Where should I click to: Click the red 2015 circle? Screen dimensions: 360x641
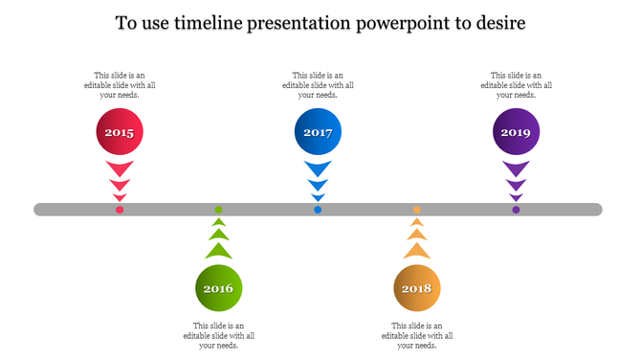point(120,133)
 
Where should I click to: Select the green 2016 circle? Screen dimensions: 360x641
point(218,288)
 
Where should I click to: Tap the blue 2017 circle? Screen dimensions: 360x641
point(318,133)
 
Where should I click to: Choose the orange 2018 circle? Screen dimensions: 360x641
point(417,288)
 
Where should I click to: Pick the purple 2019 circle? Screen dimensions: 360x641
point(516,133)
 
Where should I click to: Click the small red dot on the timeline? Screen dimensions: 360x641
point(120,210)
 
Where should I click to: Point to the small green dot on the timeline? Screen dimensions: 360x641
point(218,210)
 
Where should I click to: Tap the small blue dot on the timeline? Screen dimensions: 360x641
point(318,210)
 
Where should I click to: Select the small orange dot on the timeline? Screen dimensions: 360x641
point(417,210)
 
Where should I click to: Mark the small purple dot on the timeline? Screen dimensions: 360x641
point(516,210)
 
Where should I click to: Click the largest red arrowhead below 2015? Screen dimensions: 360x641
point(120,169)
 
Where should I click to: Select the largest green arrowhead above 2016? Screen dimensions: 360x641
point(218,251)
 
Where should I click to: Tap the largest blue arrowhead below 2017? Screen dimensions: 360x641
point(318,169)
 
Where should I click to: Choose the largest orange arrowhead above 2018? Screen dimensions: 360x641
point(417,251)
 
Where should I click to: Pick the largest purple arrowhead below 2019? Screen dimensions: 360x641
point(516,169)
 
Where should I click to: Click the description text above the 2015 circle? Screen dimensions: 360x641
point(120,85)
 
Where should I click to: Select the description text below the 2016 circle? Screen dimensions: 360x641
point(218,335)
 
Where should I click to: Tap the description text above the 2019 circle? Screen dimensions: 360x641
point(516,85)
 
